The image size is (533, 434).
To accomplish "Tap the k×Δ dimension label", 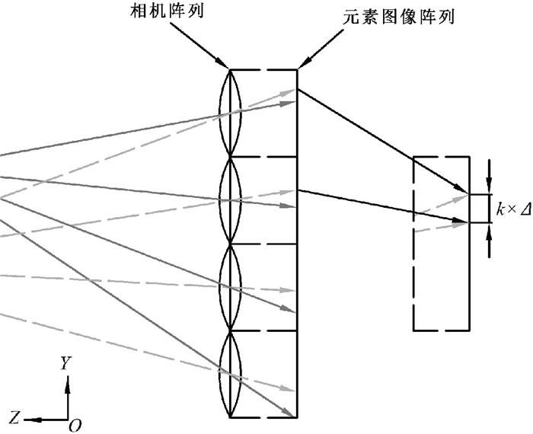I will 513,208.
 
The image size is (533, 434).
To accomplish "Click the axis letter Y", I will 67,364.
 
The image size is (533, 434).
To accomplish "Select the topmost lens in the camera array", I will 230,113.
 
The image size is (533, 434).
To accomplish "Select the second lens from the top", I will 230,200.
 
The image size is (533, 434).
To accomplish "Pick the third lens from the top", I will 230,287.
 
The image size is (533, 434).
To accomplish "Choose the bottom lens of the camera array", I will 230,374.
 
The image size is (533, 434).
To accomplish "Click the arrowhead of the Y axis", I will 68,381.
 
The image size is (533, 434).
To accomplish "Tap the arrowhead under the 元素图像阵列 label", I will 302,64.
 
